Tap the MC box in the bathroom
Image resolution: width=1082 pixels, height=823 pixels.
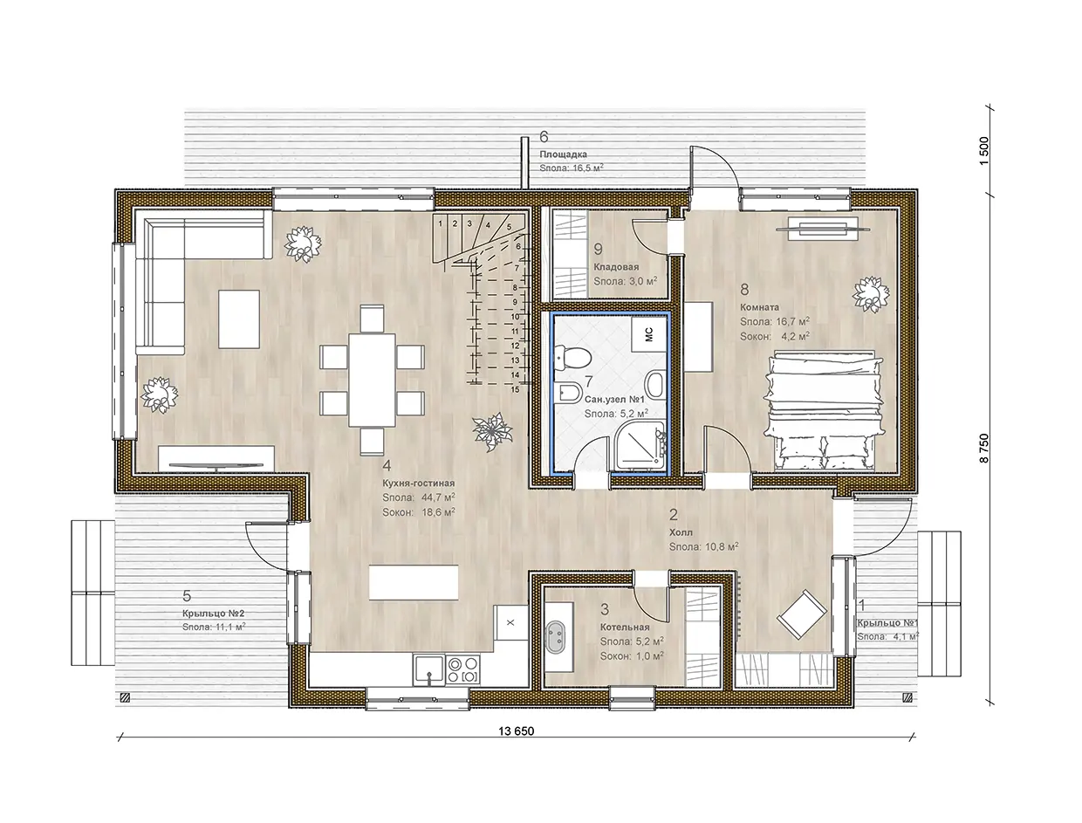click(x=648, y=334)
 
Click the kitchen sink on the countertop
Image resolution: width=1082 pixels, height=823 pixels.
click(x=428, y=669)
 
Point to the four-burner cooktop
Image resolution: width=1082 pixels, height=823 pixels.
click(x=462, y=669)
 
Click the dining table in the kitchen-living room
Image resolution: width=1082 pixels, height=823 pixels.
click(x=373, y=380)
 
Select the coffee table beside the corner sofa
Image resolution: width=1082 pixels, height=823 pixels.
click(x=239, y=319)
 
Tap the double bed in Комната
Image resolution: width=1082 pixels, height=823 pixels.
click(x=823, y=410)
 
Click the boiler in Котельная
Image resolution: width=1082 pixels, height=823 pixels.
click(x=558, y=637)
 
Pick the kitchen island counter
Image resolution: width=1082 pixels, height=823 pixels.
click(x=414, y=582)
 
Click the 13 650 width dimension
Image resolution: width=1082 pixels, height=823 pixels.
click(x=516, y=730)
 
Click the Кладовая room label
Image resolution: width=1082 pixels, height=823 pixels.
click(x=616, y=267)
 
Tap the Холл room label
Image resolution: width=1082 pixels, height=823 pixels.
click(x=681, y=532)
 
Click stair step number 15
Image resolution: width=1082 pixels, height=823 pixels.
click(x=515, y=389)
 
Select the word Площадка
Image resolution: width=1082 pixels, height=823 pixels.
click(x=563, y=154)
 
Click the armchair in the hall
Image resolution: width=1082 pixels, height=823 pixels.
click(x=802, y=614)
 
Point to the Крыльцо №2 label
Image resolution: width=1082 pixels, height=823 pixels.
click(x=214, y=614)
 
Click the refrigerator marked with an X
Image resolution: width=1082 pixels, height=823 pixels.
click(x=510, y=622)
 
